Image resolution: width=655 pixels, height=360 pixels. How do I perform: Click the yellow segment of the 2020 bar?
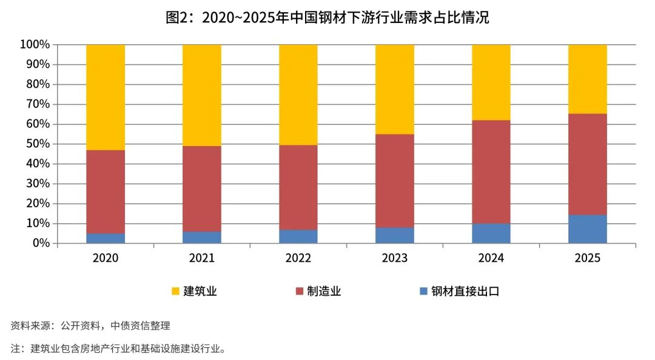coord(106,98)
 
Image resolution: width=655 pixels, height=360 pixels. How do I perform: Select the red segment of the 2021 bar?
coord(202,188)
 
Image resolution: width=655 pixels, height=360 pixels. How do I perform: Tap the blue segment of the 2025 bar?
coord(587,229)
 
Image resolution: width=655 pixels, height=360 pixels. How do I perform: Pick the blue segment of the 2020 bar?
coord(106,238)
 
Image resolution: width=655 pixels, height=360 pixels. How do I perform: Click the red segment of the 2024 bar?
coord(491,172)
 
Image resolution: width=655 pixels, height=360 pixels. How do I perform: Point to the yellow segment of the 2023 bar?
coord(395,89)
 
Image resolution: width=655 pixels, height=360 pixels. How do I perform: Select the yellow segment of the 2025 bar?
coord(587,79)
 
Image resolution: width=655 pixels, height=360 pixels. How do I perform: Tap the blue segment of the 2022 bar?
coord(298,237)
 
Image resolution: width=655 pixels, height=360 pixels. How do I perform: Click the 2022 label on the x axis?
coord(298,258)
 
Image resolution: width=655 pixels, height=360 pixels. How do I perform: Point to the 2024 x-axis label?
coord(491,258)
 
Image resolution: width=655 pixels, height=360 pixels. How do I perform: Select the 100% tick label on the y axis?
coord(35,44)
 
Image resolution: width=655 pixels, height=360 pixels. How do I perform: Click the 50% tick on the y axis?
coord(38,144)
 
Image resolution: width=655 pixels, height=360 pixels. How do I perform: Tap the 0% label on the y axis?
coord(41,243)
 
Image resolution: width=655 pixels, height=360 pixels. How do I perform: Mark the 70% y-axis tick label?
coord(38,104)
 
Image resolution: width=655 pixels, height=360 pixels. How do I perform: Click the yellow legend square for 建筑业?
coord(175,291)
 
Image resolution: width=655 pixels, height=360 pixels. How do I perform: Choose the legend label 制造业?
coord(324,291)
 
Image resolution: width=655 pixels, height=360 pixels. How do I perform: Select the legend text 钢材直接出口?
coord(465,291)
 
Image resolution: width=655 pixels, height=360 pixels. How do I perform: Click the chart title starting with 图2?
coord(327,18)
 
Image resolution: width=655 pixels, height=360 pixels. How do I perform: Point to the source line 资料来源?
coord(90,325)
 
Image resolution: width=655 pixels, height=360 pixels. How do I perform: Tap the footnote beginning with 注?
coord(118,348)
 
